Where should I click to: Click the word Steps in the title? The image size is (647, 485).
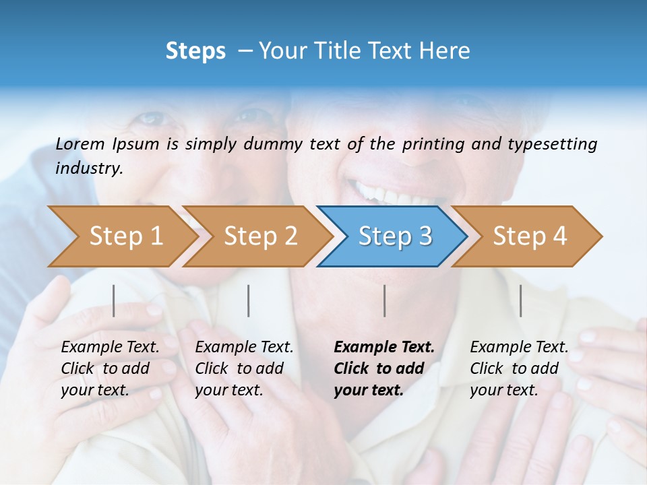tap(195, 51)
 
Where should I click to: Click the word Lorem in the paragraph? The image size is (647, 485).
tap(80, 143)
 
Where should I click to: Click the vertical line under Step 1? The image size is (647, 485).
tap(114, 300)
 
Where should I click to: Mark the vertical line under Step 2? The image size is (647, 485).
tap(249, 300)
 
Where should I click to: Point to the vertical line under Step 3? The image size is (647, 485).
tap(385, 300)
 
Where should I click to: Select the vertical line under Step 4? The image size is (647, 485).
tap(521, 300)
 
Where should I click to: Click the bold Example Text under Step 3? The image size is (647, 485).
tap(384, 348)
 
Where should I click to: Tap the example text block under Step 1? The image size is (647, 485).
tap(110, 368)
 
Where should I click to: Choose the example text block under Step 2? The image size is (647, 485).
tap(244, 368)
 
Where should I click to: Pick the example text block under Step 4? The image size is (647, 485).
tap(519, 368)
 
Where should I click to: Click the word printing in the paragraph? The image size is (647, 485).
tap(433, 143)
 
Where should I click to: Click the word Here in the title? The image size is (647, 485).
tap(446, 51)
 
